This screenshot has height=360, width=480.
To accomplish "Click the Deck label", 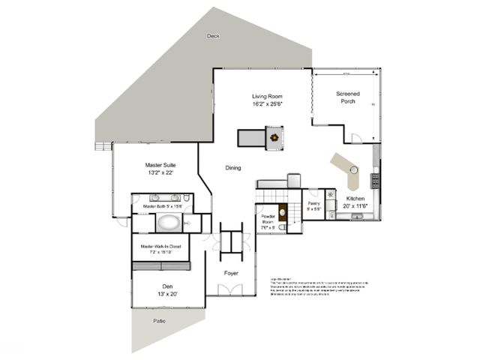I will tap(214, 36).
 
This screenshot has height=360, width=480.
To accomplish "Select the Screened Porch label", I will tap(347, 97).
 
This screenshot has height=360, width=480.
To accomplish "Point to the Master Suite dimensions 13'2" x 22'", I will tap(159, 173).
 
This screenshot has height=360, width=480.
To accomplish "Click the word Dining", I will tap(233, 168).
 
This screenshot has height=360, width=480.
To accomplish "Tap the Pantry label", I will tap(314, 206).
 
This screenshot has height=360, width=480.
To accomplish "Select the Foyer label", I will tap(231, 273).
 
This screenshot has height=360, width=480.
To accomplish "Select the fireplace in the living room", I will tap(277, 137).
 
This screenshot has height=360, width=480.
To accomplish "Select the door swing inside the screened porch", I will tap(357, 139).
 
